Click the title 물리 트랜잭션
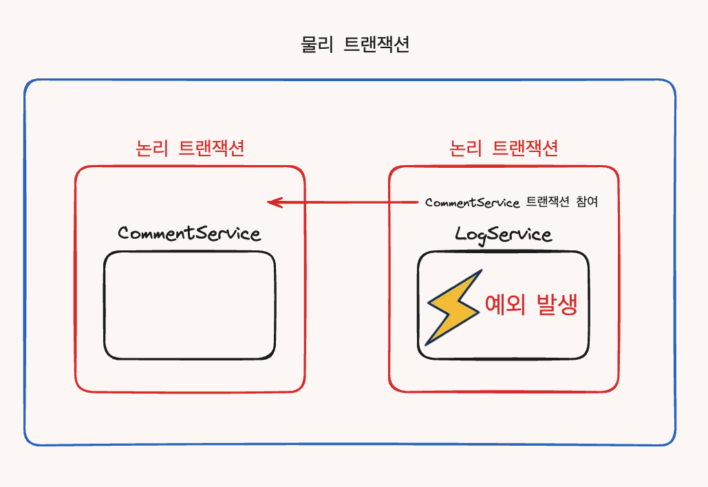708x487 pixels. click(x=355, y=45)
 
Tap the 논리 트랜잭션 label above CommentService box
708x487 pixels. click(x=190, y=148)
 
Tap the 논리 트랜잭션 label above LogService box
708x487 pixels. click(x=503, y=148)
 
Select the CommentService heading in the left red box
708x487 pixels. click(x=189, y=233)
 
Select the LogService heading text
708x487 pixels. click(x=503, y=234)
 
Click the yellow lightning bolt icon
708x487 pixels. click(x=452, y=307)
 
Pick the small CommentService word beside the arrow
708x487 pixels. click(x=472, y=202)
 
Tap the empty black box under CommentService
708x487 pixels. click(x=190, y=305)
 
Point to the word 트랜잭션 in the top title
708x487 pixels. click(x=376, y=45)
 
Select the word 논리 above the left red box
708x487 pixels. click(x=151, y=148)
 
